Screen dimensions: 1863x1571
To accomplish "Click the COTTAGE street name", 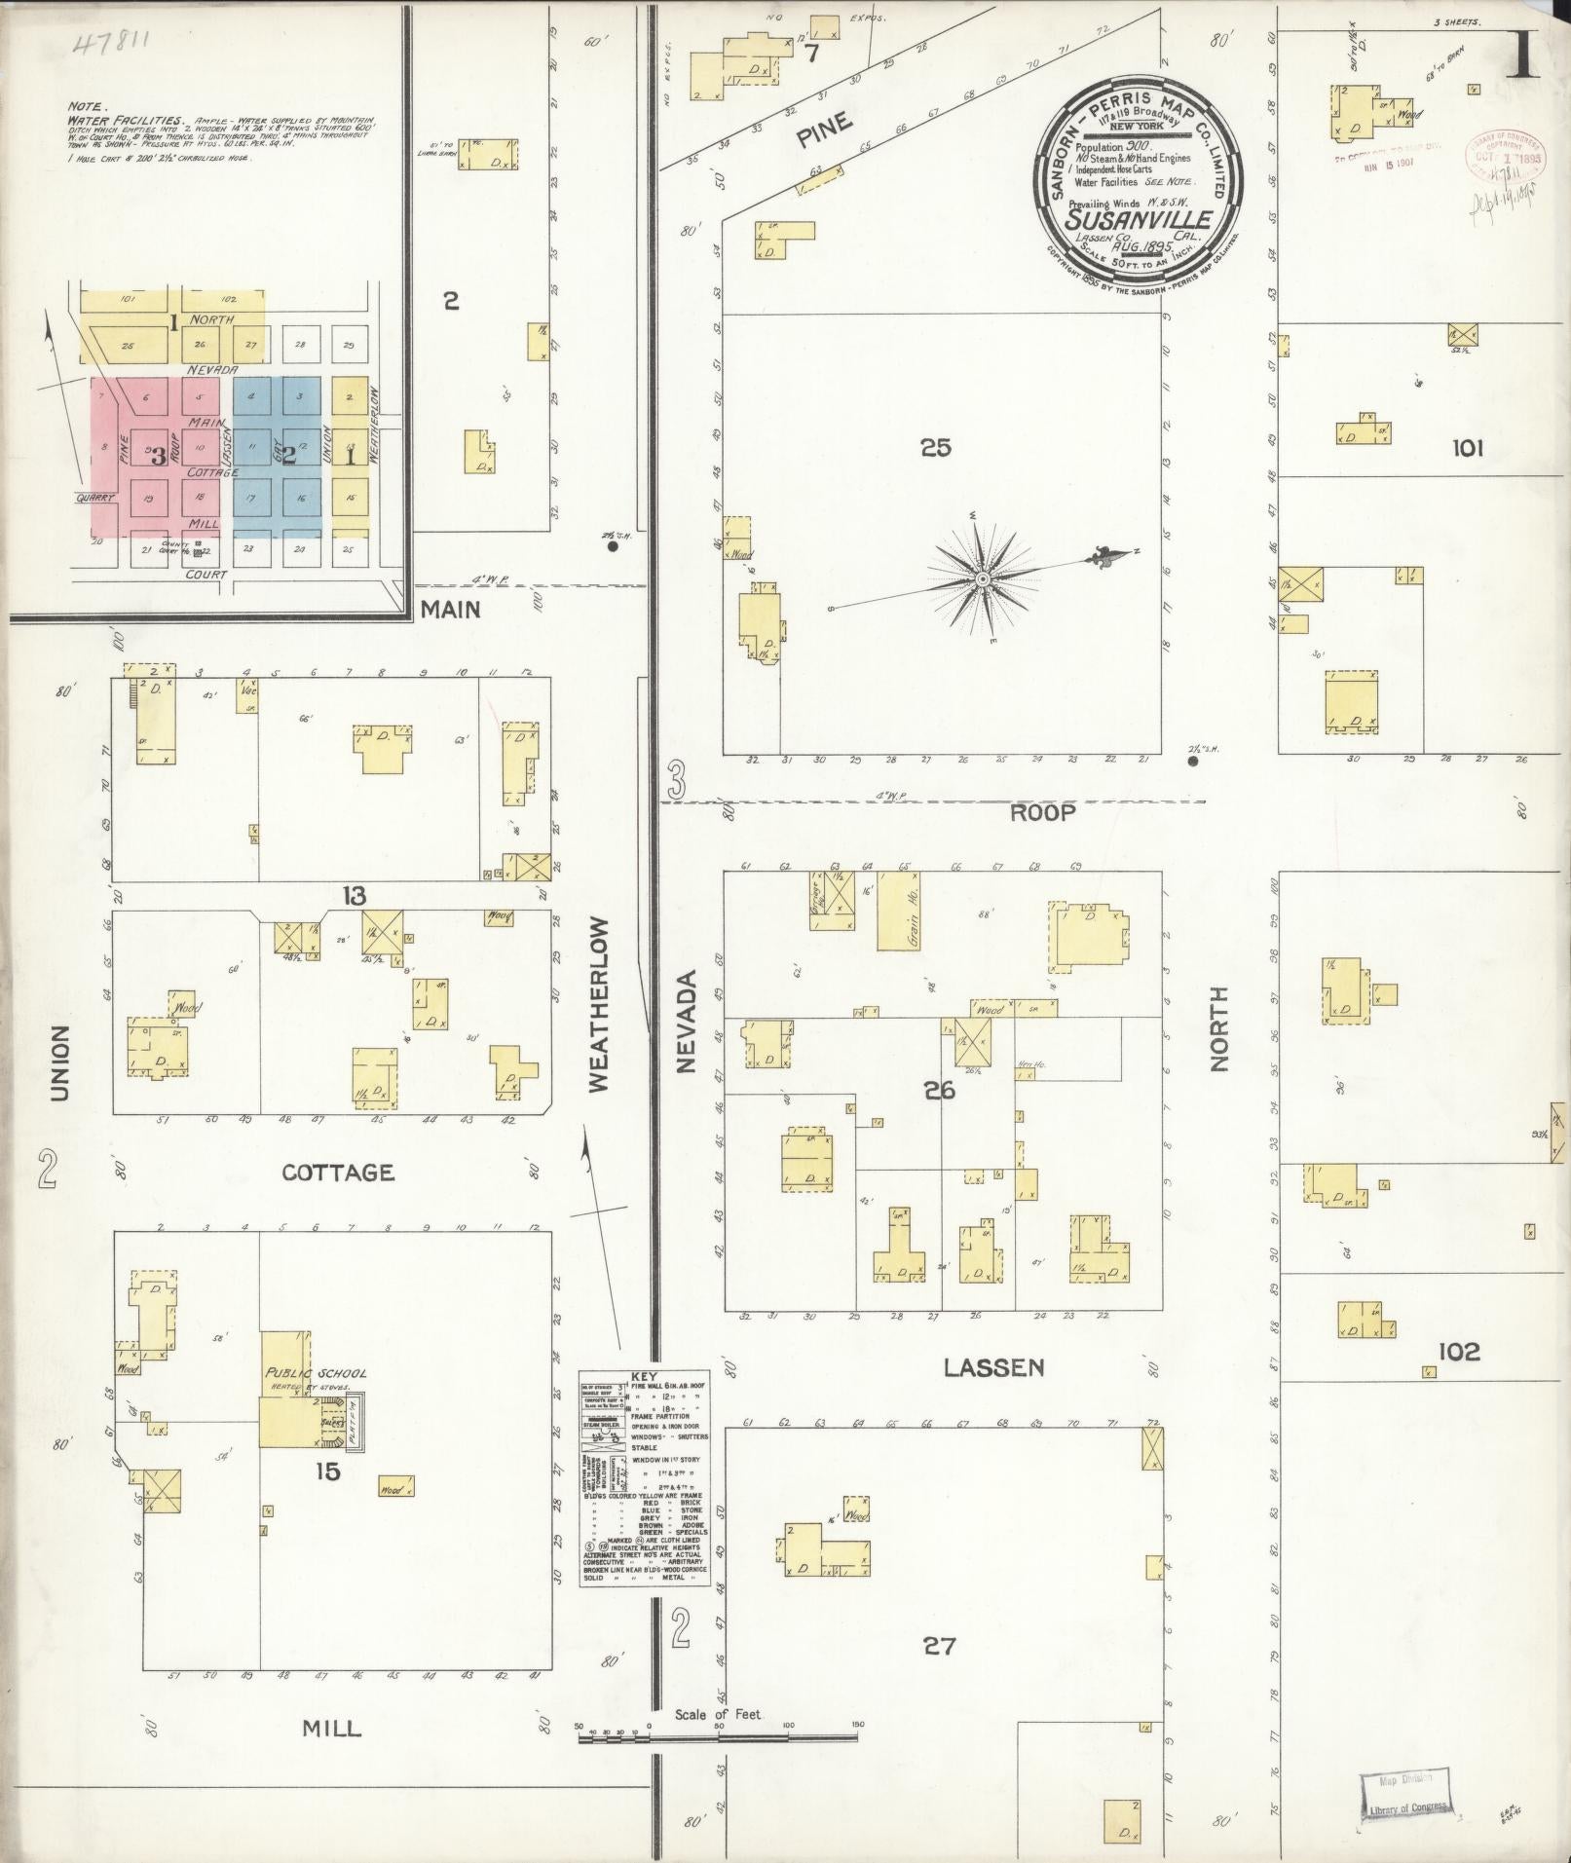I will pos(338,1173).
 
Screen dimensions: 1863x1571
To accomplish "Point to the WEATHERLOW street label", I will pos(597,1003).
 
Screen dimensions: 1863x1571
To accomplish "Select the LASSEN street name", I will pos(993,1368).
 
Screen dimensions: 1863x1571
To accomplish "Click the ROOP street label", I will pos(1042,813).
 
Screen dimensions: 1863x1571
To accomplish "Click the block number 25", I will pos(935,448).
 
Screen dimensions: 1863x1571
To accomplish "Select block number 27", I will pos(939,1646).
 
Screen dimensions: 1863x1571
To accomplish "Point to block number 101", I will pos(1467,448).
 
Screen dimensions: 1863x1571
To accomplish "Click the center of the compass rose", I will pos(983,580).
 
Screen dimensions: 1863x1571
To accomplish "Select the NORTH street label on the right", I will pos(1219,1029).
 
